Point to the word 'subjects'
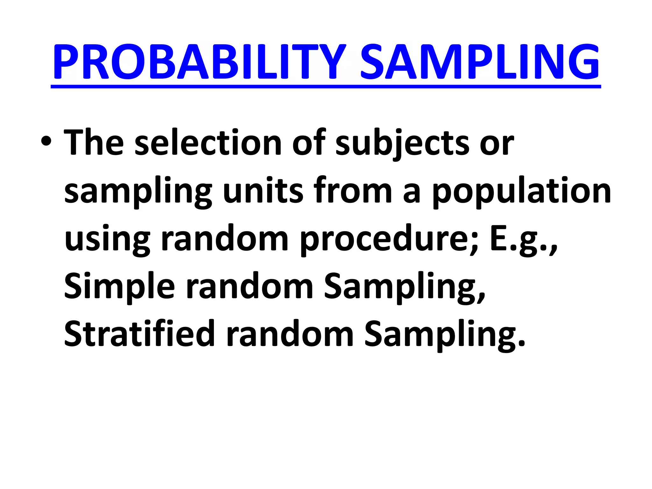[x=402, y=143]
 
